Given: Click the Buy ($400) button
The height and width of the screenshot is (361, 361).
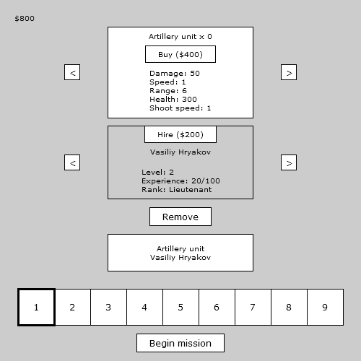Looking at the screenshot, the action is [180, 54].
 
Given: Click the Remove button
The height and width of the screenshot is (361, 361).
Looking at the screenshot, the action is [180, 217].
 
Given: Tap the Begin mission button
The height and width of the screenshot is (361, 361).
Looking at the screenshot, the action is [180, 343].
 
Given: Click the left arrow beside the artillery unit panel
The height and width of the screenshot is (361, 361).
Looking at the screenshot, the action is [72, 72].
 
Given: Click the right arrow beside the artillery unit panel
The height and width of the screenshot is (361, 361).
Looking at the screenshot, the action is [289, 72].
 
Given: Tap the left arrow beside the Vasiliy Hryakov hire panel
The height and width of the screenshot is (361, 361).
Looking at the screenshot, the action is [72, 162].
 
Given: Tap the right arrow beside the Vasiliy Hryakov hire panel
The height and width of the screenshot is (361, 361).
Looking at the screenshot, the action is [289, 162].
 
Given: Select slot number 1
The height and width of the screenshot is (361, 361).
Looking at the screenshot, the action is [36, 308].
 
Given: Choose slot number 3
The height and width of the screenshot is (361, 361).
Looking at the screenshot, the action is [108, 308].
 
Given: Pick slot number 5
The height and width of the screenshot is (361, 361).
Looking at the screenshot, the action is [180, 308].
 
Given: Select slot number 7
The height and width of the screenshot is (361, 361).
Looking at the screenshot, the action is [253, 308].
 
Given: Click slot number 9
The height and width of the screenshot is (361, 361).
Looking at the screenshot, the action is [325, 308].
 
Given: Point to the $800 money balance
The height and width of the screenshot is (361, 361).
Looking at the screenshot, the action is [25, 19].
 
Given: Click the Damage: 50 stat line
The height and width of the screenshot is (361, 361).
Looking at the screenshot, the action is [175, 73].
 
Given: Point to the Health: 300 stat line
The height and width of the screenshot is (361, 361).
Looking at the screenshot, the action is [173, 99].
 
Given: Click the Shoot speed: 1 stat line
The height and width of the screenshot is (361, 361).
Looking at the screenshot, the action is [180, 108].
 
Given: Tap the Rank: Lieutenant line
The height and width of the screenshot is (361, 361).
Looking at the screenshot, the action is [177, 190].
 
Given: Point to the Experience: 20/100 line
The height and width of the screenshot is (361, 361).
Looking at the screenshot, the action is [180, 181].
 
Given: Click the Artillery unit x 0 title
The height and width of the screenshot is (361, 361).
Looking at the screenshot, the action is [180, 37].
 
